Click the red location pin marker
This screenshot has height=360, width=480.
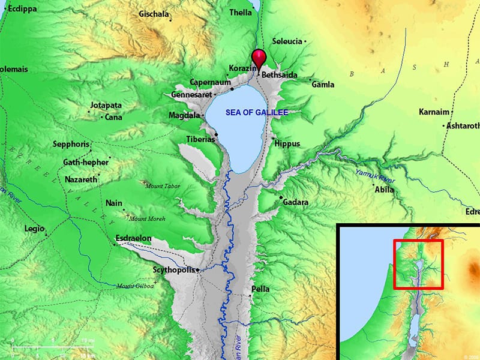pyautogui.click(x=259, y=58)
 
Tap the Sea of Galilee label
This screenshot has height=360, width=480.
pyautogui.click(x=257, y=112)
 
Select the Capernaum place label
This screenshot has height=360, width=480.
pyautogui.click(x=210, y=82)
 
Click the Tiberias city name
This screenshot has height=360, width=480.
pyautogui.click(x=200, y=139)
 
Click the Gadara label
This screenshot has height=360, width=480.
pyautogui.click(x=296, y=202)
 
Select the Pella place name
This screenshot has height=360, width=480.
pyautogui.click(x=260, y=289)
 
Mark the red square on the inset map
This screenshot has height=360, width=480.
pyautogui.click(x=418, y=265)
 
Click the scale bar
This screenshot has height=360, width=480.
pyautogui.click(x=52, y=347)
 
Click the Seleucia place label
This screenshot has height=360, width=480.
pyautogui.click(x=287, y=41)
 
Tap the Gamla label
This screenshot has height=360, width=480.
pyautogui.click(x=323, y=85)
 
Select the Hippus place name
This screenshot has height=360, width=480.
pyautogui.click(x=286, y=144)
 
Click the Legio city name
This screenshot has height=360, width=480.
pyautogui.click(x=34, y=229)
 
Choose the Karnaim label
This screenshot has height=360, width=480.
pyautogui.click(x=434, y=112)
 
